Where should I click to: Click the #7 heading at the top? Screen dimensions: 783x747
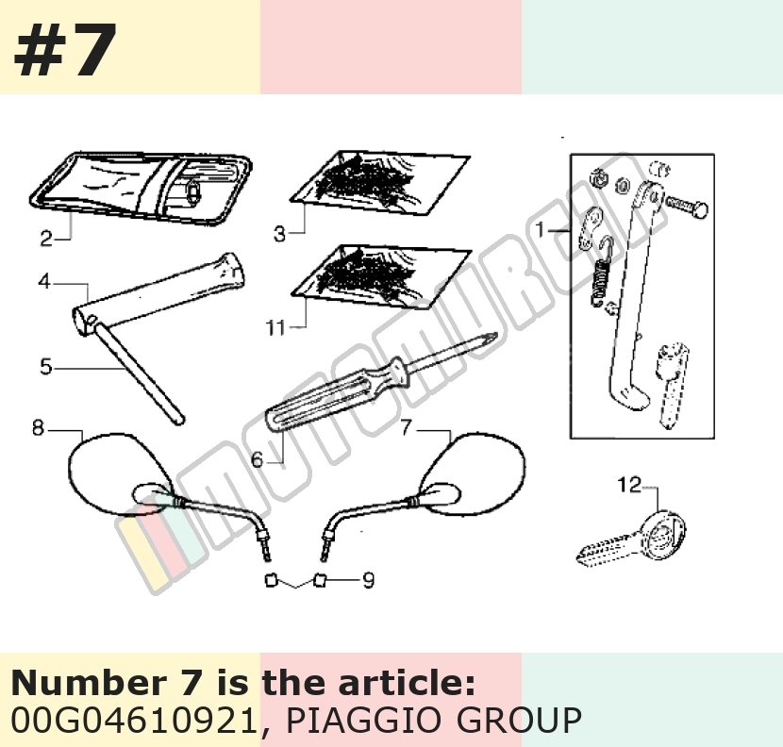coord(65,50)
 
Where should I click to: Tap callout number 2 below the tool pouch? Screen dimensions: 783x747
coord(46,239)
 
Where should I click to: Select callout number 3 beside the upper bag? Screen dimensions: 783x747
coord(279,233)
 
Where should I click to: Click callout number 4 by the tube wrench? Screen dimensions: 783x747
coord(45,367)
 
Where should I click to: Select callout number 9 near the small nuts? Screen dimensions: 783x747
coord(368,580)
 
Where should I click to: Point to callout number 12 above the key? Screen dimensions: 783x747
coord(629,485)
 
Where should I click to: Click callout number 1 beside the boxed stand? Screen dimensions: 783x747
coord(540,230)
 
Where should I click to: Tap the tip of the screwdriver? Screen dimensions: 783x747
coord(496,334)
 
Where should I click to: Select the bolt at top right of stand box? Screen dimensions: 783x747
coord(687,206)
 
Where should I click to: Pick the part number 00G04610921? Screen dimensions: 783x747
coord(135,720)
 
